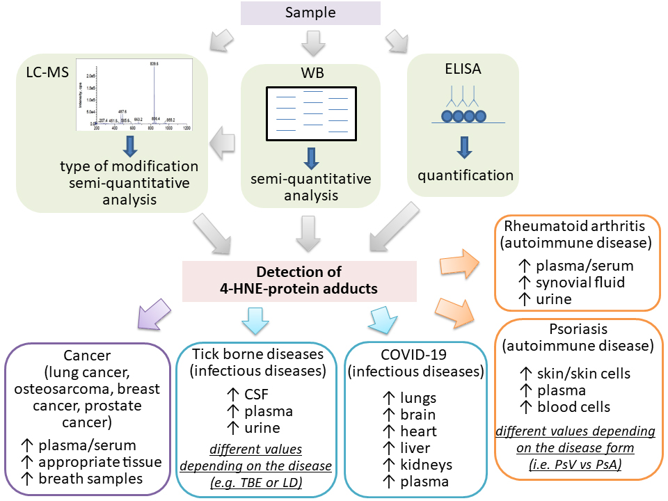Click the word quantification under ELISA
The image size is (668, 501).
[x=466, y=175]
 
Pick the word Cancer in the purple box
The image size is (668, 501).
[x=87, y=356]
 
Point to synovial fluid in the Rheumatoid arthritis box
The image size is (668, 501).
[x=580, y=281]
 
